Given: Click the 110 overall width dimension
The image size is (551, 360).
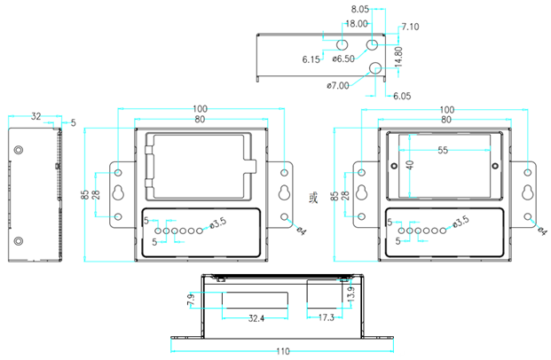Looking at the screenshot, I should (x=281, y=351).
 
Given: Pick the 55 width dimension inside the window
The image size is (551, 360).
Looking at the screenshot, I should (x=442, y=152).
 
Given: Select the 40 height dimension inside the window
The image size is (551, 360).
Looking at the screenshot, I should (x=409, y=166).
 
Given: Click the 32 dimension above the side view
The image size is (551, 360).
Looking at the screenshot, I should (x=35, y=116).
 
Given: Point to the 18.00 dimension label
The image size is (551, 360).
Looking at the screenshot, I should (x=357, y=23).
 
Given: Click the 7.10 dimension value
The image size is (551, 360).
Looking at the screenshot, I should (x=409, y=27).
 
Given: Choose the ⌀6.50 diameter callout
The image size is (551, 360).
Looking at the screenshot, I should (x=343, y=59).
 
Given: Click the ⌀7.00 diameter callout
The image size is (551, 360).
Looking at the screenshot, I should (x=338, y=85).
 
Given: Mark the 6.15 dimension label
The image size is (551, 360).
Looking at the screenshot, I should (x=311, y=59).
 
